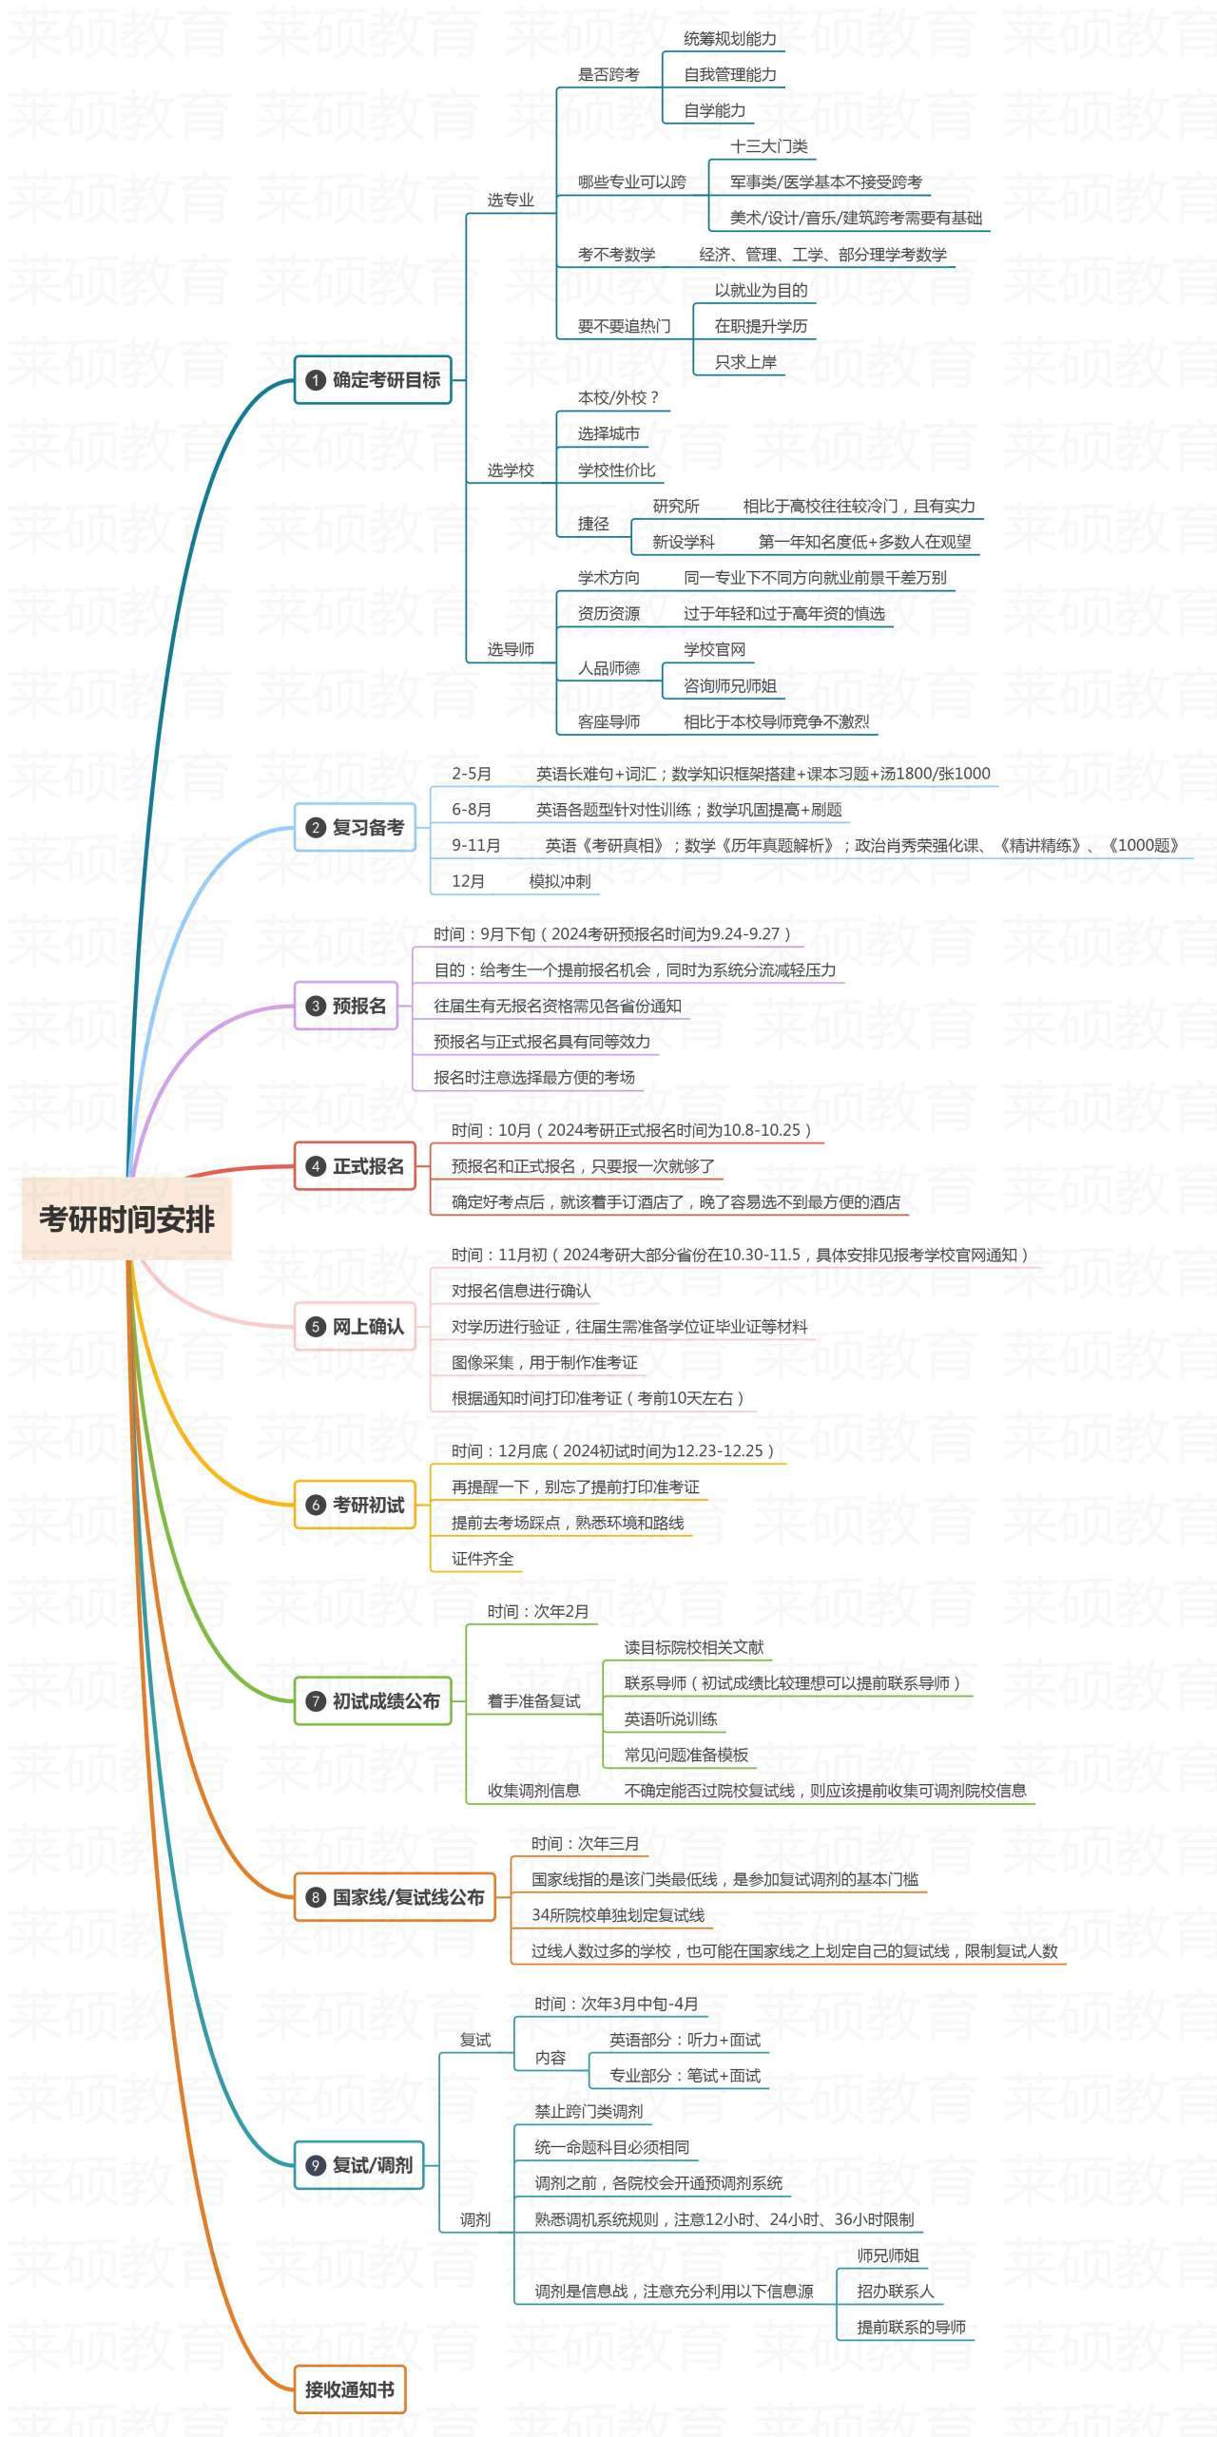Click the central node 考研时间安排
tap(126, 1218)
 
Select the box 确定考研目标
tap(373, 380)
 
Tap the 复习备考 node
tap(355, 827)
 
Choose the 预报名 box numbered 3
tap(346, 1006)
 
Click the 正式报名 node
tap(355, 1166)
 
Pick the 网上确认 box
tap(355, 1327)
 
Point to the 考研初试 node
tap(355, 1505)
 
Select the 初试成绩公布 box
tap(373, 1701)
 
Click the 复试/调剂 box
tap(358, 2165)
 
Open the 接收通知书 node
tap(349, 2389)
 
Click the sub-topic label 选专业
tap(511, 201)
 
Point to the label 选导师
tap(511, 649)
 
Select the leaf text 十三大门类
tap(768, 146)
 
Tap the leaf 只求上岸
tap(745, 362)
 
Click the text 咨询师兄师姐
tap(729, 685)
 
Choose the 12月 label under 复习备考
tap(468, 881)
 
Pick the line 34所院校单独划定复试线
tap(618, 1915)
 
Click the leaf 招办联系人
tap(895, 2292)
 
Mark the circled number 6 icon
tap(316, 1506)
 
